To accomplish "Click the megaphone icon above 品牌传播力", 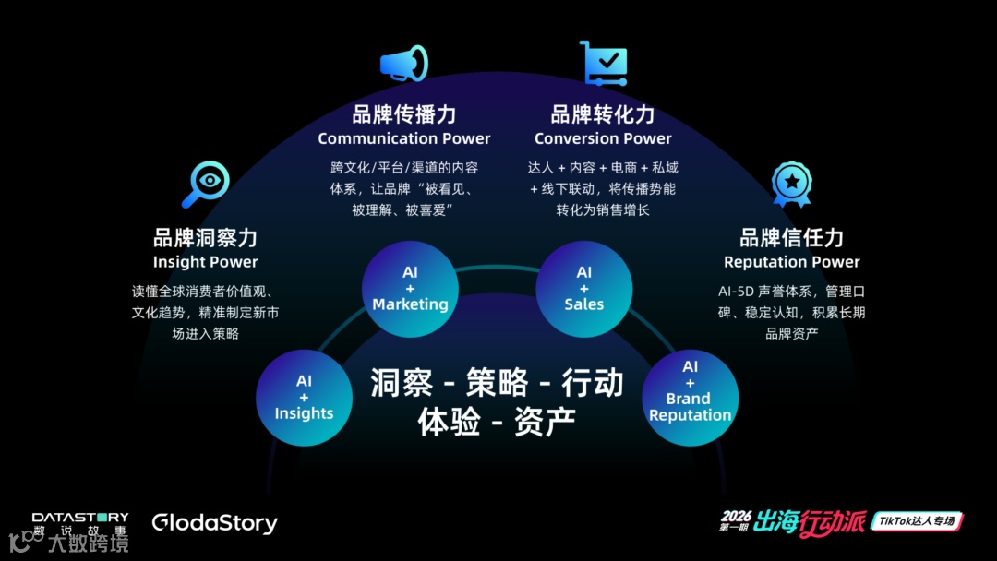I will [x=403, y=64].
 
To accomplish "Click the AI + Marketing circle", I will [x=410, y=289].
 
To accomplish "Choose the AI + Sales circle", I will [x=583, y=289].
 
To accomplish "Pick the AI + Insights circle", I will [x=304, y=397].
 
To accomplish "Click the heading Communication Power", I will [x=404, y=138].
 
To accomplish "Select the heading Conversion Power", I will [x=603, y=138].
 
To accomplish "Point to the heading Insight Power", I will [x=205, y=262].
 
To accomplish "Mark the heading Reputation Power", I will [x=791, y=262].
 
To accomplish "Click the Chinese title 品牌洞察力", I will [x=205, y=238].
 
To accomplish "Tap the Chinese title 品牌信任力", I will [x=791, y=238].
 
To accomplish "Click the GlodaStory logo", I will [x=214, y=523].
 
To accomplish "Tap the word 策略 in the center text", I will [x=497, y=382].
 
